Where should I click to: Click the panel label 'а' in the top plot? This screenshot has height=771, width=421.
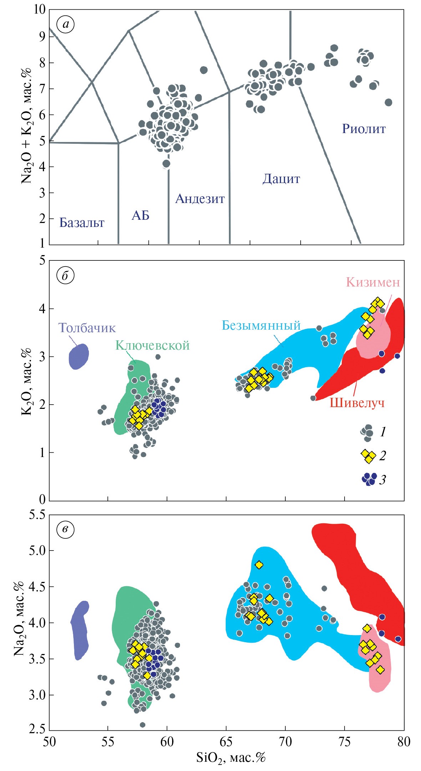[x=65, y=25]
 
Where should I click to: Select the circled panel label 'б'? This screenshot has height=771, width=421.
[x=65, y=276]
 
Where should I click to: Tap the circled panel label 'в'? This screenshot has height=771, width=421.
[x=65, y=529]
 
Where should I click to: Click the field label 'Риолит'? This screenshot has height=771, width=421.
[x=364, y=129]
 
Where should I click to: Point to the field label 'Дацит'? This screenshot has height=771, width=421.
[x=281, y=179]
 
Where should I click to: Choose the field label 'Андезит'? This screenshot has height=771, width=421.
[x=200, y=199]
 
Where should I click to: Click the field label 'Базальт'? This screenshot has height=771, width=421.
[x=82, y=223]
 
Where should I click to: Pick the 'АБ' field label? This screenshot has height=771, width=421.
[x=140, y=215]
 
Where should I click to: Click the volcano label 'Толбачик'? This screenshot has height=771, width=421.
[x=87, y=328]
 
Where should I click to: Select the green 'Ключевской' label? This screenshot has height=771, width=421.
[x=152, y=345]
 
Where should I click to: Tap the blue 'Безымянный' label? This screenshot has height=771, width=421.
[x=261, y=325]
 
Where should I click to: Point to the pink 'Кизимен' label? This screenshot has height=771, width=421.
[x=373, y=282]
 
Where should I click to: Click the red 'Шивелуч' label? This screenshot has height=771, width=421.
[x=357, y=403]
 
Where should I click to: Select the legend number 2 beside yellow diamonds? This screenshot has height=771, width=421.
[x=382, y=456]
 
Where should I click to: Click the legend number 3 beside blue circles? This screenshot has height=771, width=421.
[x=382, y=480]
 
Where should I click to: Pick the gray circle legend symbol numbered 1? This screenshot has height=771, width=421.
[x=367, y=432]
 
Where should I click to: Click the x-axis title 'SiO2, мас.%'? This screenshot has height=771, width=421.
[x=231, y=757]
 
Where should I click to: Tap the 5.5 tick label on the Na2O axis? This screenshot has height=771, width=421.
[x=37, y=515]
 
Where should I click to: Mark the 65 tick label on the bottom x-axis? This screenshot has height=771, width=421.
[x=226, y=742]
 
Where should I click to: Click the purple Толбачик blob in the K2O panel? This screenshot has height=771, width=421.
[x=79, y=356]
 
